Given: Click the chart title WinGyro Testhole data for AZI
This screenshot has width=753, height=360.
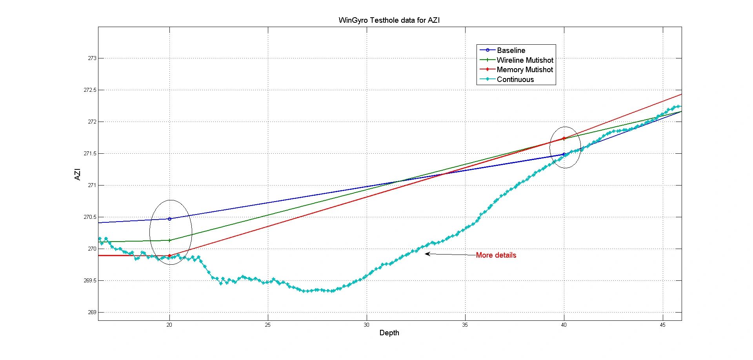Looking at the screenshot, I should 389,20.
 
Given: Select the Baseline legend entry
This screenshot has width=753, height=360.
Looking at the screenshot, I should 511,50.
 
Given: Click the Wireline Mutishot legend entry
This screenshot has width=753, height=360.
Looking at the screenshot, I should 525,60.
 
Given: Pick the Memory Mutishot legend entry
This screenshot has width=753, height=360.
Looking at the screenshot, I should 525,70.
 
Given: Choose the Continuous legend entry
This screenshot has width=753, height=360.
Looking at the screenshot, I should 515,80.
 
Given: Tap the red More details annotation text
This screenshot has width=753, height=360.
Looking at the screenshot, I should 496,255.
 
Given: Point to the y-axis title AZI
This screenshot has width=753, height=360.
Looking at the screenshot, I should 77,174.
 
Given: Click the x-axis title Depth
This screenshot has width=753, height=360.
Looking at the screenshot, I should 389,333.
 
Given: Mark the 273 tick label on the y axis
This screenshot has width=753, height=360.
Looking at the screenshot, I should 92,58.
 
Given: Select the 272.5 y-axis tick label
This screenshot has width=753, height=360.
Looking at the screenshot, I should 90,90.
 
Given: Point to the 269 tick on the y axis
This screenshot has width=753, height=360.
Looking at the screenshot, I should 92,313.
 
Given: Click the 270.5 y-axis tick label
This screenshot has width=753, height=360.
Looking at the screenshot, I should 90,217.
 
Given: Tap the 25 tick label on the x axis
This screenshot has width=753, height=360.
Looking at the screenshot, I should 268,325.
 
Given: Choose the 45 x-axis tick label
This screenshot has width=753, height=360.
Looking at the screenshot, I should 662,325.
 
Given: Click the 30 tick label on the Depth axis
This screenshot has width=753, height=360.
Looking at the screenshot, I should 366,325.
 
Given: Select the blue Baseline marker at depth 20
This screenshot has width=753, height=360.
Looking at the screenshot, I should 169,219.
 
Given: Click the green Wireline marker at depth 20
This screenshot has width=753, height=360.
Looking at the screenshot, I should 169,240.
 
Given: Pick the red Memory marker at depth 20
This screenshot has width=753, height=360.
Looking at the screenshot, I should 169,256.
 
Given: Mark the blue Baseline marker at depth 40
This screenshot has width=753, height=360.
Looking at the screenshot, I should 564,155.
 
